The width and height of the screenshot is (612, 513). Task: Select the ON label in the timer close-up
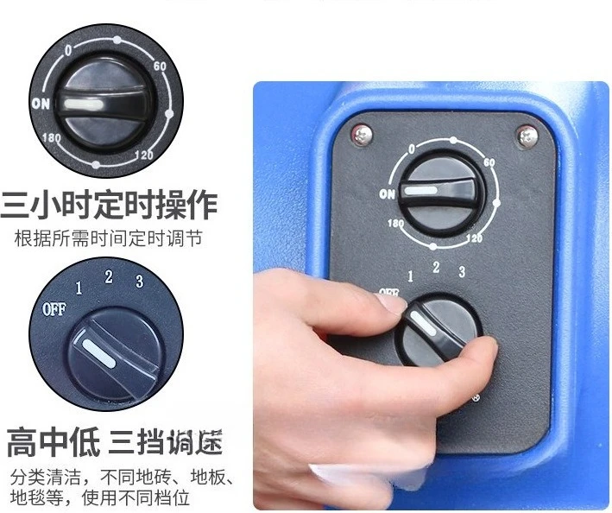click(x=40, y=104)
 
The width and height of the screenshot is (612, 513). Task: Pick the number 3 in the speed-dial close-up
click(x=138, y=281)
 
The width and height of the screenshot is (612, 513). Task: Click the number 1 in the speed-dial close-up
click(x=79, y=288)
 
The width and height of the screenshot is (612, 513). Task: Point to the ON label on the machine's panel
click(x=388, y=194)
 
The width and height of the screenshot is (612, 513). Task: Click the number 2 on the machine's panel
click(x=435, y=268)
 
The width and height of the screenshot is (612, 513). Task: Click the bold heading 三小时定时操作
click(x=110, y=206)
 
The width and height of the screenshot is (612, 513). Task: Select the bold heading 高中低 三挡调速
click(x=115, y=442)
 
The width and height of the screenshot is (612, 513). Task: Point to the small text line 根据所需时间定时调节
click(x=109, y=237)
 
